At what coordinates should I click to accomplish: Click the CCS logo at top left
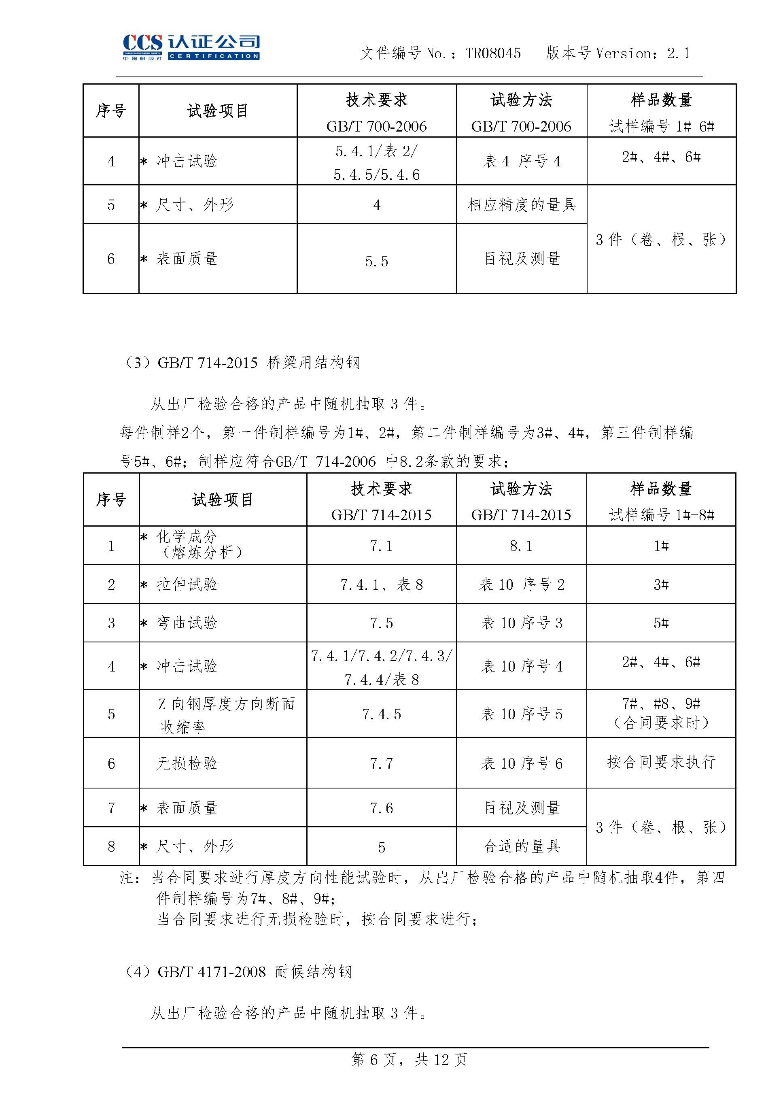(x=191, y=47)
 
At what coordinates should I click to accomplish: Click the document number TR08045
(x=493, y=53)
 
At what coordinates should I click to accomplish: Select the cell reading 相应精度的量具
(x=521, y=204)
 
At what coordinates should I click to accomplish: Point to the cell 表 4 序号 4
(x=521, y=161)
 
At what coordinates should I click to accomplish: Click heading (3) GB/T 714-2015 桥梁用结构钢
(x=241, y=362)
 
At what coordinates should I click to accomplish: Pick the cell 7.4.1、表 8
(x=381, y=584)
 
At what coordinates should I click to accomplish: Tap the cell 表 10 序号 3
(x=521, y=623)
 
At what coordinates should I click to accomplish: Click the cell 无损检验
(x=187, y=763)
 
